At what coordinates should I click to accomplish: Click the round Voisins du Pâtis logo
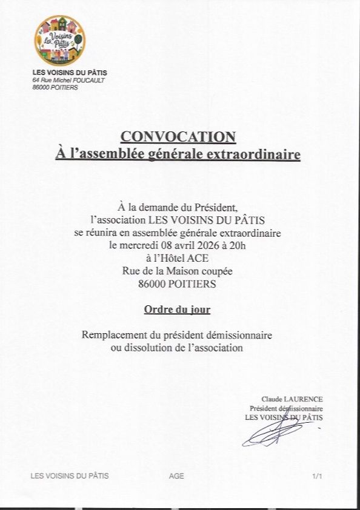tap(59, 41)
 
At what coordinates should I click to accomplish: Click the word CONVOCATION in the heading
tap(178, 137)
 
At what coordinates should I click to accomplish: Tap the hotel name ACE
tap(196, 258)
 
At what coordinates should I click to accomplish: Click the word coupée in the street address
tap(215, 271)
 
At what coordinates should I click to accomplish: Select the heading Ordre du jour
tap(177, 310)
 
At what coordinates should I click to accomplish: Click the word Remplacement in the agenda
tap(113, 335)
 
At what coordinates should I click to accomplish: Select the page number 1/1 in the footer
tap(317, 476)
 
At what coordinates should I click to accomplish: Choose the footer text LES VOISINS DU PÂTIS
tap(70, 476)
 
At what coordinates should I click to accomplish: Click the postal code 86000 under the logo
tap(42, 87)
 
